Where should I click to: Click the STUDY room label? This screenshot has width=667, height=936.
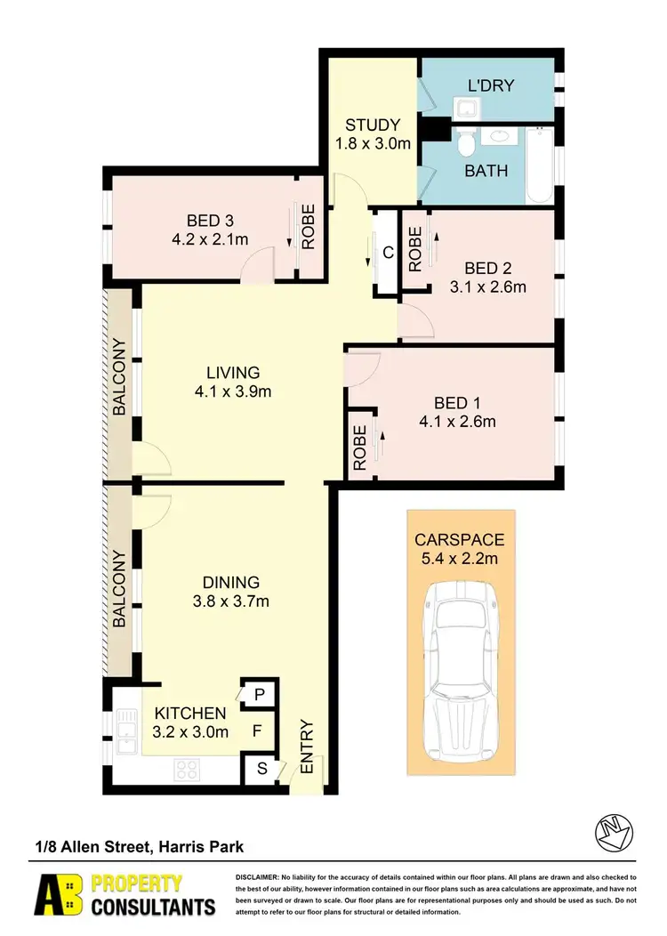click(373, 125)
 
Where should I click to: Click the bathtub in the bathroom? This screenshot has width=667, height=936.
click(540, 165)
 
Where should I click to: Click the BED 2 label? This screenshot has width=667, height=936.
click(487, 269)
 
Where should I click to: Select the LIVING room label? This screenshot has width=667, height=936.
click(233, 372)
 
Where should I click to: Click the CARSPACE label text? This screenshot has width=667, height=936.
click(460, 540)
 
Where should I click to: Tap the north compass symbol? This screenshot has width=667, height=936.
click(614, 831)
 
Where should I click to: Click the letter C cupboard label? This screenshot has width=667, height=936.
click(387, 252)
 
